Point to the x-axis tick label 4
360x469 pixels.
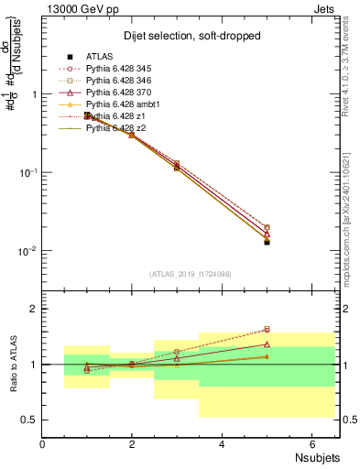(x=223, y=444)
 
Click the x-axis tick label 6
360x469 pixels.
(x=311, y=444)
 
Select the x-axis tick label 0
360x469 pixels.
(x=43, y=444)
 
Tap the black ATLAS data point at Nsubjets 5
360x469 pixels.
(x=267, y=242)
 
